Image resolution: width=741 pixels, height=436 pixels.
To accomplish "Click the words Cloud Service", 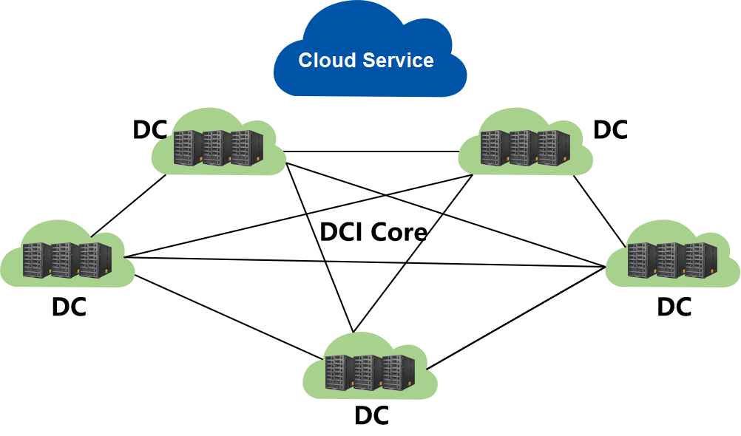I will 366,61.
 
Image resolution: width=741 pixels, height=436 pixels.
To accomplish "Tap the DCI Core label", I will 373,232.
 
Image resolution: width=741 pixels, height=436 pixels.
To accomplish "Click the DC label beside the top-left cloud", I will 149,130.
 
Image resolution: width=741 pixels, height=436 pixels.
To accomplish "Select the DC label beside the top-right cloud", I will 610,130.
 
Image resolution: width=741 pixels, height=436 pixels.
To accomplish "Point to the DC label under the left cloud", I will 69,307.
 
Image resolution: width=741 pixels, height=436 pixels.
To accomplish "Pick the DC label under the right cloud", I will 674,307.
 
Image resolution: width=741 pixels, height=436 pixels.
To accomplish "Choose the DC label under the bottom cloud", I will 371,416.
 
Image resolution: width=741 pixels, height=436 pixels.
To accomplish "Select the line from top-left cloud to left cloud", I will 127,206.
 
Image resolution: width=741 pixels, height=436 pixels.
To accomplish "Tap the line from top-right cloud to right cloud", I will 599,210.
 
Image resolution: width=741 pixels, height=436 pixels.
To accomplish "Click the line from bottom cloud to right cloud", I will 518,318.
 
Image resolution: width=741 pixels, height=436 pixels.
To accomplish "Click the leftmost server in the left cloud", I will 37,259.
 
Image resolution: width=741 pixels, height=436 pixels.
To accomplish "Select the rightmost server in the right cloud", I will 700,259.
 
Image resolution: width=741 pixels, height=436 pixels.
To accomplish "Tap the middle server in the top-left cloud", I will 217,147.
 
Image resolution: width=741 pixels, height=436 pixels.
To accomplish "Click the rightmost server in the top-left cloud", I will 246,147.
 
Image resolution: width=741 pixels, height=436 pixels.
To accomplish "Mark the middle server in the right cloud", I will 671,259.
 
